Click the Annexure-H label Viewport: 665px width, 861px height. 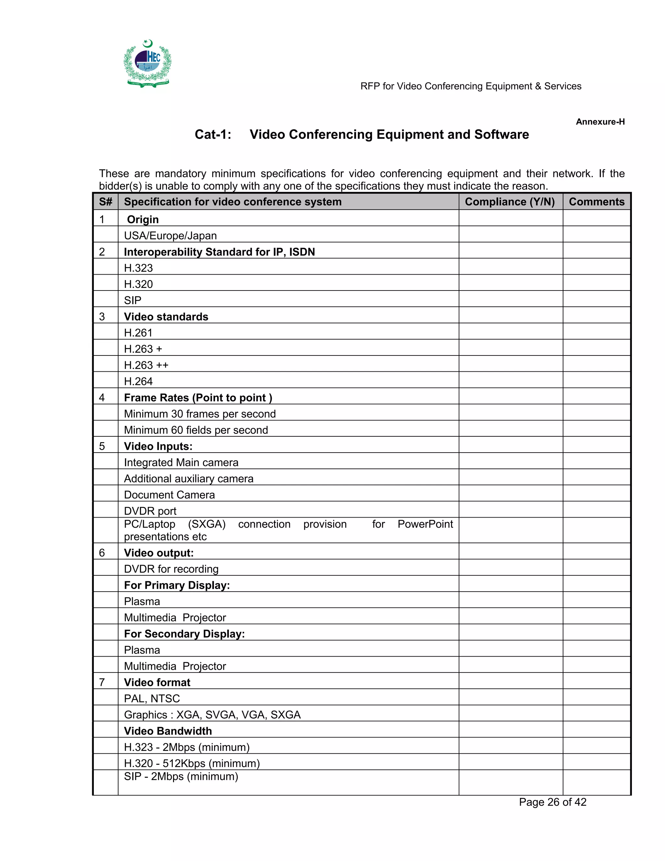click(x=600, y=122)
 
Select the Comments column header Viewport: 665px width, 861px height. click(x=596, y=202)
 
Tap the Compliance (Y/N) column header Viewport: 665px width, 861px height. click(x=510, y=202)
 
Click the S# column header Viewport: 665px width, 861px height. click(x=106, y=202)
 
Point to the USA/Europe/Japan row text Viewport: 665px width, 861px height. click(x=170, y=236)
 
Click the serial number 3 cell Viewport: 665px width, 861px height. click(x=102, y=316)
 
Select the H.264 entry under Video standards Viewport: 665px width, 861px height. click(x=138, y=381)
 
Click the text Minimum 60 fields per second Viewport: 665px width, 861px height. click(x=196, y=430)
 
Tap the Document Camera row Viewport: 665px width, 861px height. click(x=169, y=495)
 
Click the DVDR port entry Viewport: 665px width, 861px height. click(x=150, y=511)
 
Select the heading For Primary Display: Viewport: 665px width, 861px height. click(x=177, y=585)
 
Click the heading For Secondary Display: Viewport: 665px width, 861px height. click(x=184, y=634)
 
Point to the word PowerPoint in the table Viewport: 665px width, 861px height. click(x=425, y=524)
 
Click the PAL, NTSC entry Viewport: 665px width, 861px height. click(x=152, y=698)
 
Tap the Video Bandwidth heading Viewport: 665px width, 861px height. click(x=168, y=730)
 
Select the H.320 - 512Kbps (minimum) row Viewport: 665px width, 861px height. click(x=192, y=763)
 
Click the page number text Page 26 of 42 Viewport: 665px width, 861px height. click(x=552, y=802)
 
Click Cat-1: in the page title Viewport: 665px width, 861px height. click(x=213, y=135)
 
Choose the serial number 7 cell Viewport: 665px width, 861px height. click(x=102, y=682)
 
